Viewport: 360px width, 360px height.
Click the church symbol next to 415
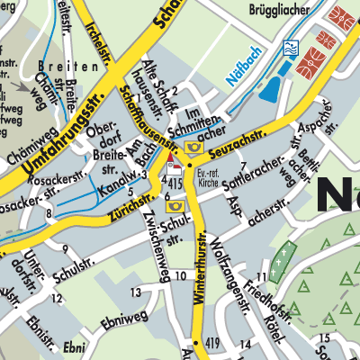point(175,165)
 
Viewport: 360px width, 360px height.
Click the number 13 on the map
point(135,292)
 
